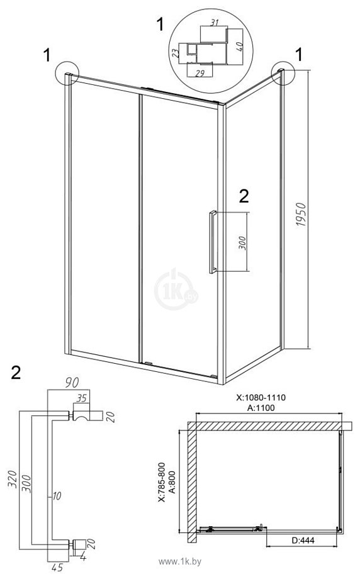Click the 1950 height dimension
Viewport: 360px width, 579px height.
[301, 214]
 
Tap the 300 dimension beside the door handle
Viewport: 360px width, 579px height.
[242, 242]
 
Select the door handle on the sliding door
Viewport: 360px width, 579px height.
[213, 242]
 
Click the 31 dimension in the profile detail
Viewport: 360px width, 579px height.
[214, 23]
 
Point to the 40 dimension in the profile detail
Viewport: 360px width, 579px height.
[239, 46]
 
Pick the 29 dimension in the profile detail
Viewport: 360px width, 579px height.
[200, 73]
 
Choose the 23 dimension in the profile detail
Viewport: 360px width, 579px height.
[176, 52]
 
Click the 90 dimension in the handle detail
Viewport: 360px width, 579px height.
[72, 383]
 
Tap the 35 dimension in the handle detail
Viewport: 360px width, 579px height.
[81, 398]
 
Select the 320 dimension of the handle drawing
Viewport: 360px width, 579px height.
[13, 479]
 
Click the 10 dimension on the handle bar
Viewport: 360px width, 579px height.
[57, 496]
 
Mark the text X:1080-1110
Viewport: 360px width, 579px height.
[261, 397]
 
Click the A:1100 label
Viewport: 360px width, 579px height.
[261, 408]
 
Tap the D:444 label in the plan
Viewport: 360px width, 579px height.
[303, 540]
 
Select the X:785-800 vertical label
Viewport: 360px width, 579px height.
[161, 482]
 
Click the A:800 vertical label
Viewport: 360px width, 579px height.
[172, 480]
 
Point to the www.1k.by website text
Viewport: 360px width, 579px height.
[180, 561]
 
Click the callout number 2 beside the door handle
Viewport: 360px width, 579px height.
[244, 196]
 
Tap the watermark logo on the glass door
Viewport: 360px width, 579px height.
[176, 289]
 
